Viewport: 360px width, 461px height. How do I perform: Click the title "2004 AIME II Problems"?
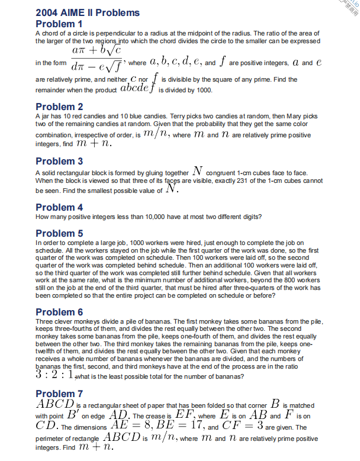click(88, 12)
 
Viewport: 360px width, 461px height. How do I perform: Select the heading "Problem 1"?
click(59, 24)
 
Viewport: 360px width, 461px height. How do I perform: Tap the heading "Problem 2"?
click(59, 107)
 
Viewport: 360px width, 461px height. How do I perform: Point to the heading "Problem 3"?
click(59, 161)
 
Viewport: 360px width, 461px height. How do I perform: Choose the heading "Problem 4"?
click(59, 207)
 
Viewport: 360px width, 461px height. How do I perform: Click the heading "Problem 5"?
click(59, 233)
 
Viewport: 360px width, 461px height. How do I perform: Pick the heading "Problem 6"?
click(59, 312)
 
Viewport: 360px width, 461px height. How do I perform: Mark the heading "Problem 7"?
click(59, 394)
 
